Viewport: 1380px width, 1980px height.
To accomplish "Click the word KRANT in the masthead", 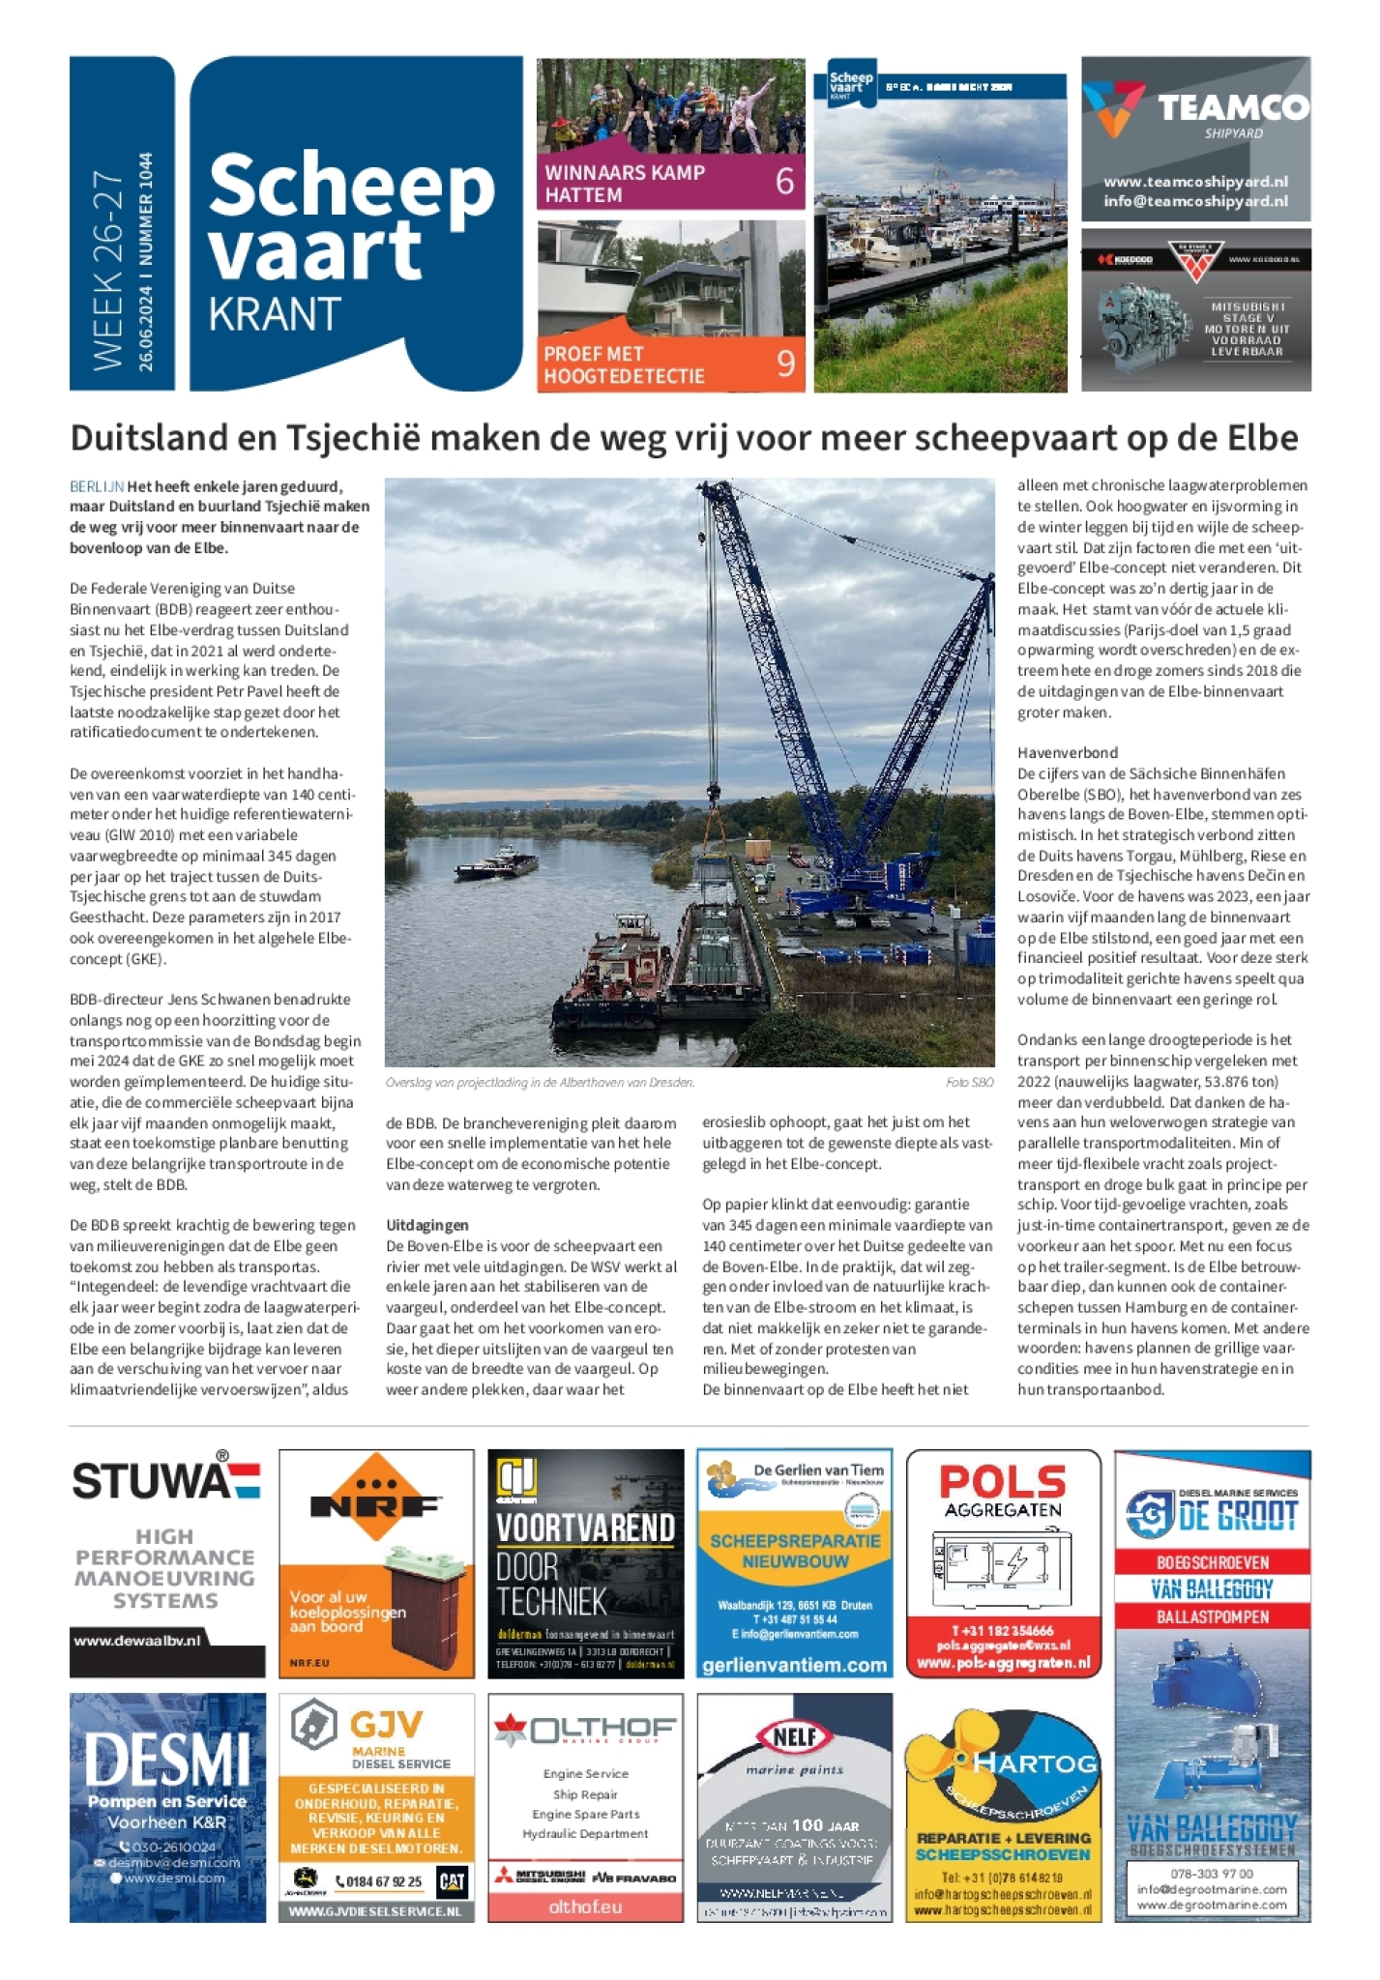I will click(x=275, y=314).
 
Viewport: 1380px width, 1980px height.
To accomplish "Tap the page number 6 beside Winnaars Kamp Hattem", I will click(x=784, y=182).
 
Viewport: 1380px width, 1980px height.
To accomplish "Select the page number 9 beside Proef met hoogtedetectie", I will click(x=785, y=364).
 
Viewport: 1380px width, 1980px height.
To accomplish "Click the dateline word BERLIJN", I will click(x=97, y=486).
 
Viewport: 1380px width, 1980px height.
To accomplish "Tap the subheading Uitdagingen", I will click(x=426, y=1225).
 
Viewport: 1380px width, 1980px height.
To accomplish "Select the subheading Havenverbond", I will click(x=1068, y=752).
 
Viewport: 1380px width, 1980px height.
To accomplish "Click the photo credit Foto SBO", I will click(x=969, y=1083).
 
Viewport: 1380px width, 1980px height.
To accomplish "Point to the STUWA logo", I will click(x=165, y=1480).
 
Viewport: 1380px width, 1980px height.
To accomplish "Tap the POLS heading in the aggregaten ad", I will click(x=1002, y=1482).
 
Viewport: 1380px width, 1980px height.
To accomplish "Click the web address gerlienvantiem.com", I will click(x=794, y=1665).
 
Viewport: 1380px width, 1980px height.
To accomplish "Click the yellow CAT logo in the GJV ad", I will click(x=452, y=1881).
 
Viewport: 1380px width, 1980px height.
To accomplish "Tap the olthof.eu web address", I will click(x=585, y=1907).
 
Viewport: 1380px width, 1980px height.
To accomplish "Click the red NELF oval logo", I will click(x=794, y=1736).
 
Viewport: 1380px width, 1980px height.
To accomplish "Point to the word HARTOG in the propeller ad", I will click(x=1035, y=1762).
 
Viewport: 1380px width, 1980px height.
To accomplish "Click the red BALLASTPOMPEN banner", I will click(x=1212, y=1616).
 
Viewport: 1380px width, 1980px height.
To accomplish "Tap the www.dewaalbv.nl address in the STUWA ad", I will click(x=137, y=1641).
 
